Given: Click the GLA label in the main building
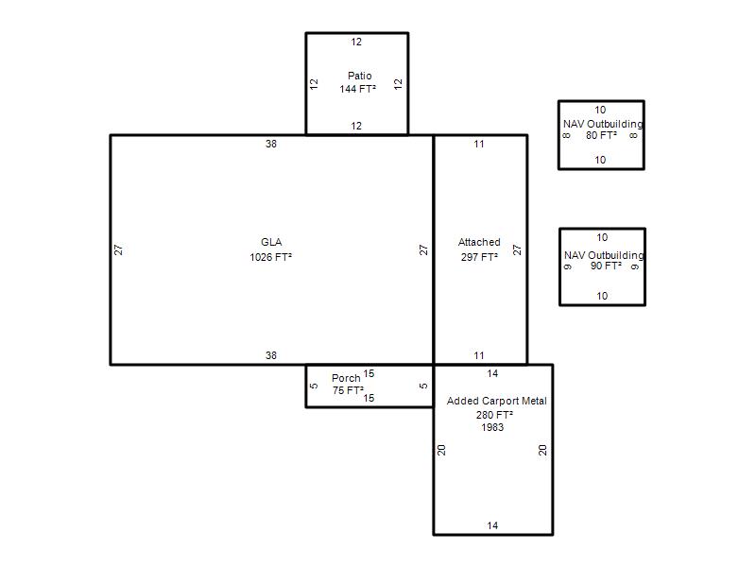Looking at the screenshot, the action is point(271,242).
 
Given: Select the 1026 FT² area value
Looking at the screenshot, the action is point(271,257).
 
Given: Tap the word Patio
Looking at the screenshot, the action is point(360,76).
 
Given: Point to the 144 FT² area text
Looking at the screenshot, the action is point(358,89).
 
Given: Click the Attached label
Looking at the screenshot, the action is point(479,242).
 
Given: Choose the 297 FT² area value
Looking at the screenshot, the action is point(479,257).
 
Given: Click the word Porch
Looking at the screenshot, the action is point(346,378).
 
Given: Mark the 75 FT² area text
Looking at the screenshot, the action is point(348,390).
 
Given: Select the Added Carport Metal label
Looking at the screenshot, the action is point(497,401).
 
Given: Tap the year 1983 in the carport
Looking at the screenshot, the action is point(492,427).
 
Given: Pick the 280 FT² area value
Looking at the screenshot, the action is point(494,415).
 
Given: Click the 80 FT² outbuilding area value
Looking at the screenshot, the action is point(602,135).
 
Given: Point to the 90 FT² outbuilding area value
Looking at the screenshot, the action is point(606,266).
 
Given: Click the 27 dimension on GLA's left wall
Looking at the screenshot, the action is point(119,249).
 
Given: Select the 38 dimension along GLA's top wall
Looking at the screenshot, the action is point(271,144).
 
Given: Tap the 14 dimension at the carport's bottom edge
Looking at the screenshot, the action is point(492,525).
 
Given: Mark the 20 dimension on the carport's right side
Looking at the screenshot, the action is point(542,450).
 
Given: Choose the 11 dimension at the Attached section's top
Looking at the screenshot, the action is point(479,144).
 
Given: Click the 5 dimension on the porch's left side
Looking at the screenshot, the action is point(314,386).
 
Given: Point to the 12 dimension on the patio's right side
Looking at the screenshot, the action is point(398,84).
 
